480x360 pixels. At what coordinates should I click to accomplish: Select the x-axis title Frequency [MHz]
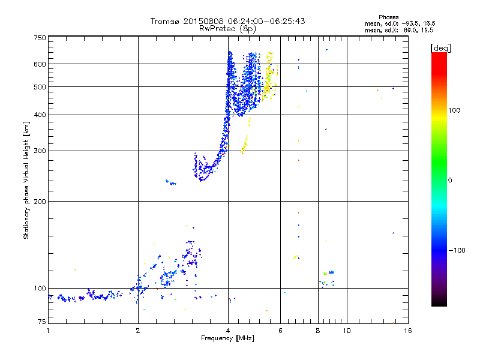pos(227,338)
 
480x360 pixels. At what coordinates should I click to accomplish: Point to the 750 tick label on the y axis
pos(39,37)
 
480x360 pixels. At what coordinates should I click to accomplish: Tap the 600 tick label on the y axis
pos(39,64)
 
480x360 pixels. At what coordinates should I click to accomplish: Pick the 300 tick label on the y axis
pos(39,151)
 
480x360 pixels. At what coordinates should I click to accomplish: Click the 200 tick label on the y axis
pos(39,201)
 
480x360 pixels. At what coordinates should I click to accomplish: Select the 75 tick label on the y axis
pos(41,323)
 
